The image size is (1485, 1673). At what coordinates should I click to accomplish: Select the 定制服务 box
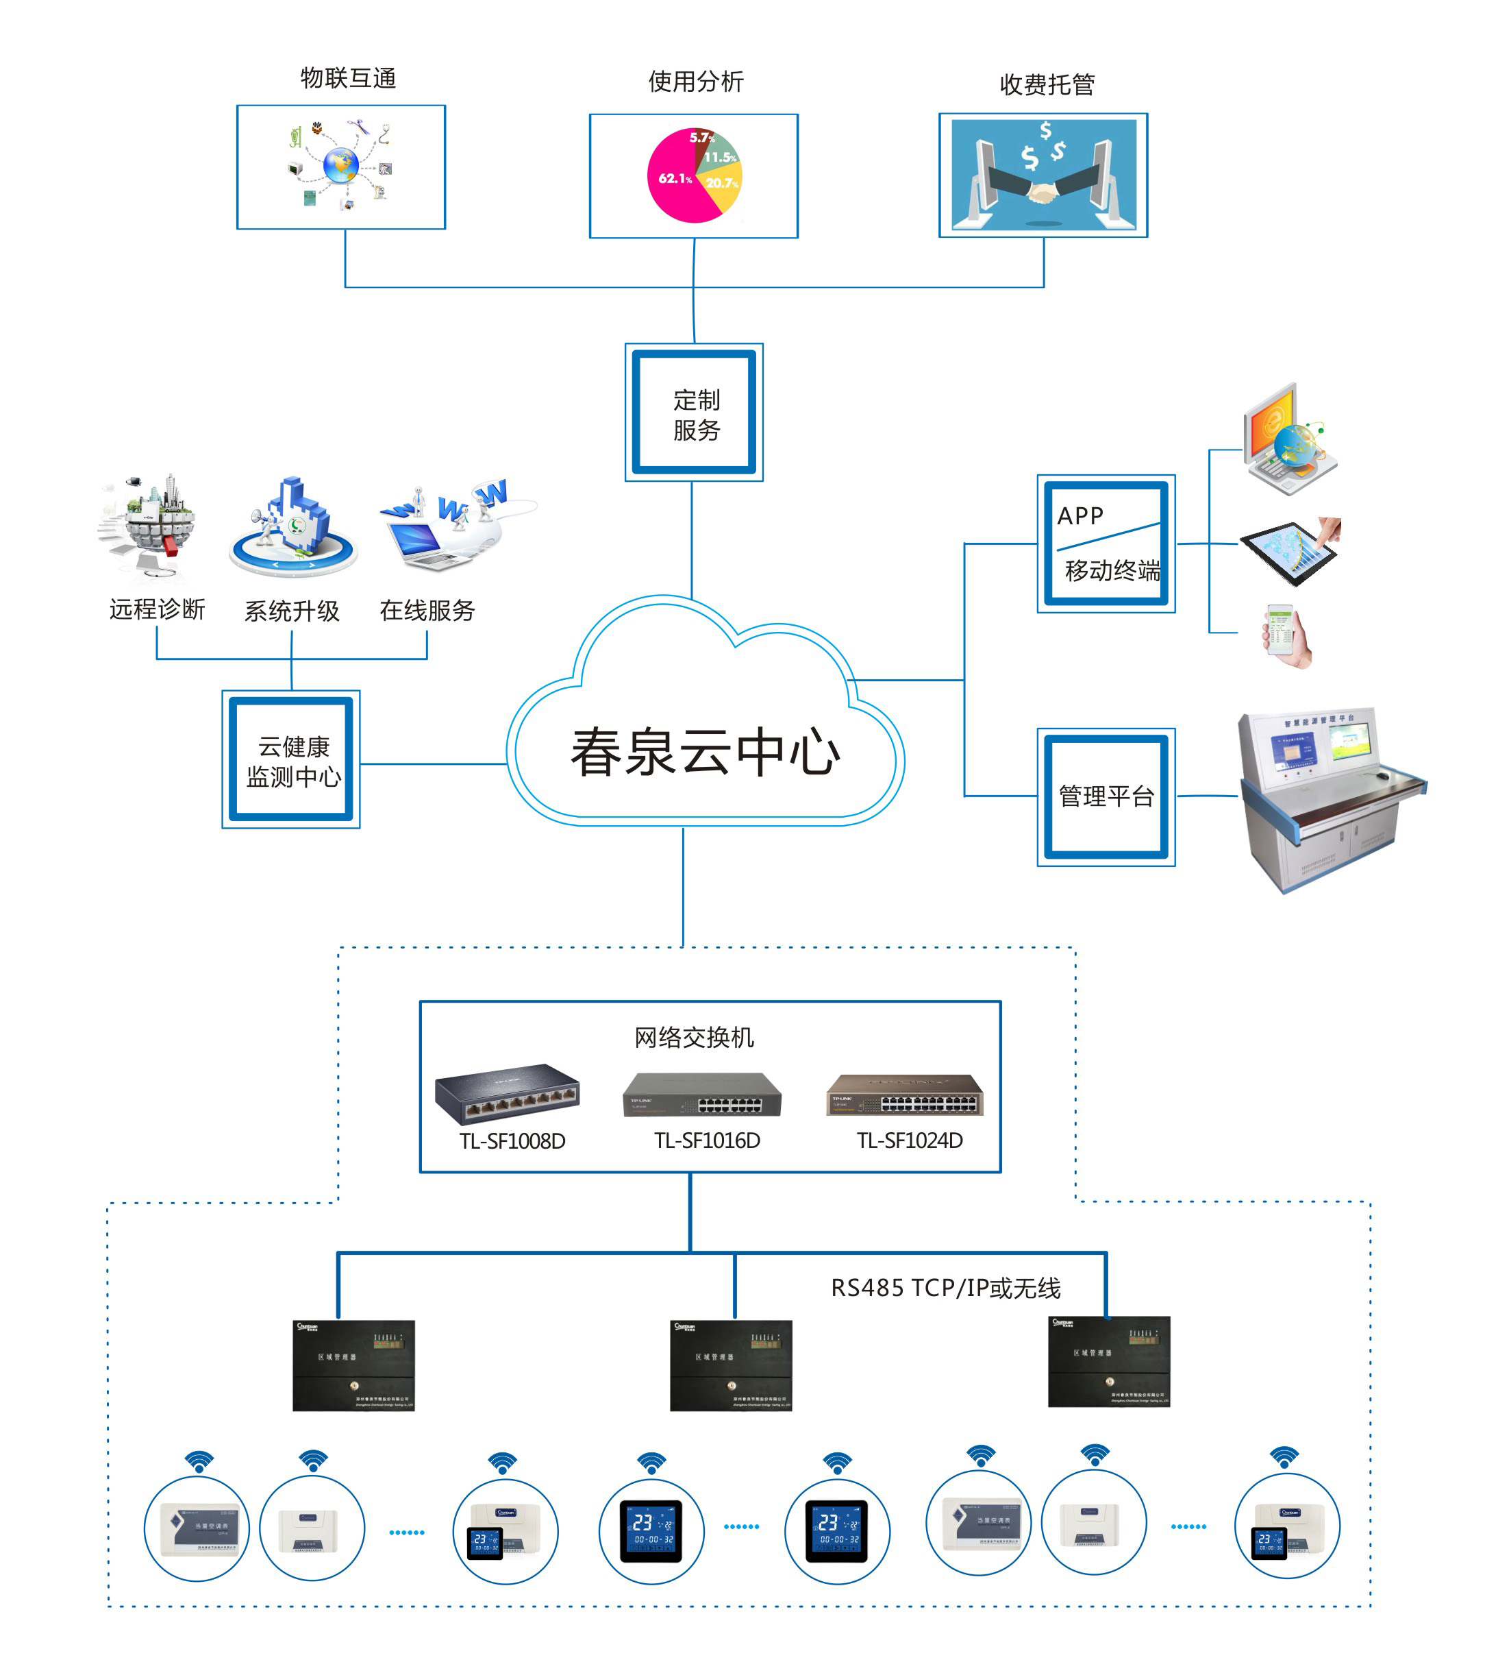point(694,413)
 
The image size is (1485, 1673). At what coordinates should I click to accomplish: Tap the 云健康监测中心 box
point(291,759)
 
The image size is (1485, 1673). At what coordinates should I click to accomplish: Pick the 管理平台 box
point(1106,796)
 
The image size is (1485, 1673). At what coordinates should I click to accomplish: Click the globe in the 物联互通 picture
point(340,165)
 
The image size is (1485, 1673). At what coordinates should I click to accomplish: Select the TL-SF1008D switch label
point(512,1141)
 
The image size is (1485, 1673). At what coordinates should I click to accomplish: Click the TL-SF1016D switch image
point(702,1095)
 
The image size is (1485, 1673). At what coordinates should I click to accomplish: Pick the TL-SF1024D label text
point(909,1141)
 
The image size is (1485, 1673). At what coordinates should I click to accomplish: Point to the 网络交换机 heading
point(694,1038)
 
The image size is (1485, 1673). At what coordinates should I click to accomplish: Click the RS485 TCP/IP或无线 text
point(945,1289)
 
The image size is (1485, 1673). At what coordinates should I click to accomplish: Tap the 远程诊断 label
point(157,609)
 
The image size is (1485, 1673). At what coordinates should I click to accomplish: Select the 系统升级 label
point(291,611)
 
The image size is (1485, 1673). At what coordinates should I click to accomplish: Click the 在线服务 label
point(427,610)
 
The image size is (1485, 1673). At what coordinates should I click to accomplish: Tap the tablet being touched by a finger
point(1288,550)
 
